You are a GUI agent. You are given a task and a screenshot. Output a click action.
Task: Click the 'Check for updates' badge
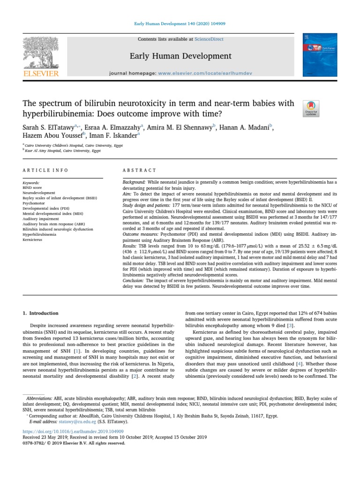pos(311,108)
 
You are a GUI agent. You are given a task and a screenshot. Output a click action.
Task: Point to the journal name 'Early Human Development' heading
pos(180,56)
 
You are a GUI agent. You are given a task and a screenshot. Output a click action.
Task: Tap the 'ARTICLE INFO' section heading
pos(45,170)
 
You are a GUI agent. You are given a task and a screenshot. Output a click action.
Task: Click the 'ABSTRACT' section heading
pos(139,170)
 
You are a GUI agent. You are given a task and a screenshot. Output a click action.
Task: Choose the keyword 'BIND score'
pos(32,187)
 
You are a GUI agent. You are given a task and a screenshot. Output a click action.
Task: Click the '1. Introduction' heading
pos(41,313)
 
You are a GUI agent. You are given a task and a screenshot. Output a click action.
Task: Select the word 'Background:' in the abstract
pos(134,181)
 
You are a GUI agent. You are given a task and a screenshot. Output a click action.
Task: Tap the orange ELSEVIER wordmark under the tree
pos(40,74)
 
